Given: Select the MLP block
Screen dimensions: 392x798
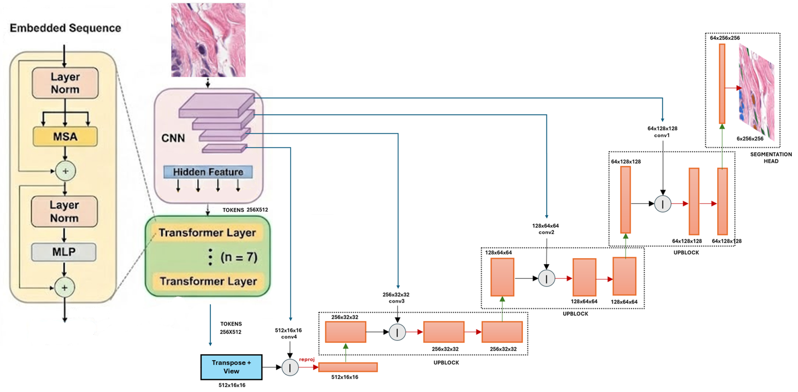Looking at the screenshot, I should (64, 251).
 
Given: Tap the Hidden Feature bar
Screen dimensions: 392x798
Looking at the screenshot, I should (208, 172).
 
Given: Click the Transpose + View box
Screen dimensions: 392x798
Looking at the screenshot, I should (231, 367).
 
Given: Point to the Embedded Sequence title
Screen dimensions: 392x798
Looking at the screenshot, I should (64, 29).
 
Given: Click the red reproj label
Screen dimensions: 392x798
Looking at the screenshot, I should (307, 359).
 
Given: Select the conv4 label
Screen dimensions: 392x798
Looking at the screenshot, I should (290, 337).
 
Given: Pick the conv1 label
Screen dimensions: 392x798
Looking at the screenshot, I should (662, 135).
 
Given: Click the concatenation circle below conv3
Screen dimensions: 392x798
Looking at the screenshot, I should (397, 333).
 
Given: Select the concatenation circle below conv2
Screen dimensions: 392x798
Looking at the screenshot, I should (546, 279).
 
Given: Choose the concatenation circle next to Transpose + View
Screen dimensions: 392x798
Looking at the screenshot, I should (290, 367).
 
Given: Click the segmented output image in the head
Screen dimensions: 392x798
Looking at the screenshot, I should (758, 92).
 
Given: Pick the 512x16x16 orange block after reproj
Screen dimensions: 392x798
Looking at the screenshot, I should (348, 367).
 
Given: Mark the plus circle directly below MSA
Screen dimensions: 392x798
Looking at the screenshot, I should (64, 170).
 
